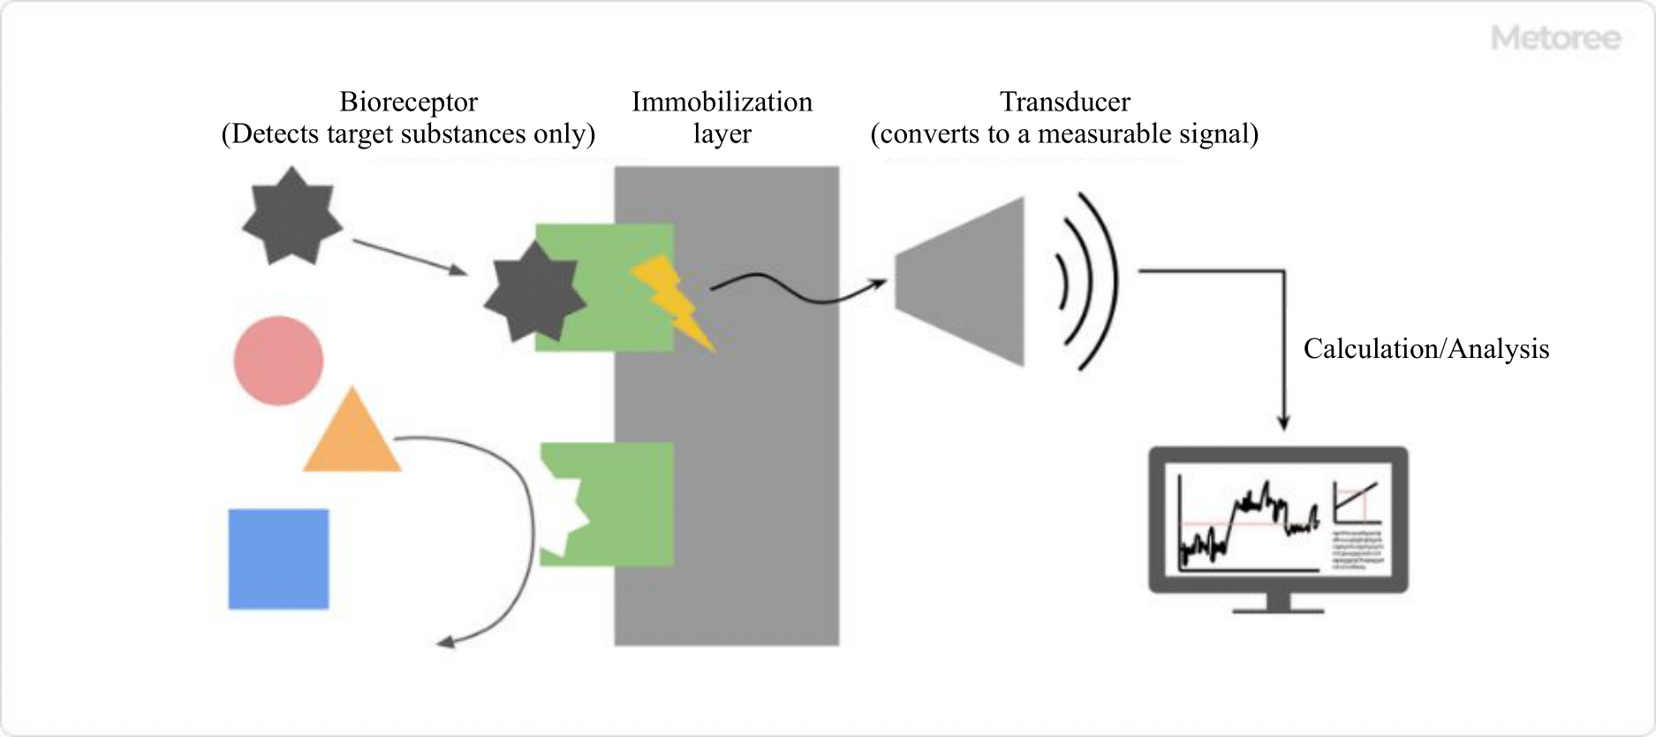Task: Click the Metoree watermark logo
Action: coord(1555,38)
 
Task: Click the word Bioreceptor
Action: coord(408,102)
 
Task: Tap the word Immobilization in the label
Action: coord(722,102)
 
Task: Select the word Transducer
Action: coord(1064,102)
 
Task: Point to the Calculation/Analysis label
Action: coord(1425,348)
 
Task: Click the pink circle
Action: coord(278,361)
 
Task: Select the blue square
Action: coord(278,558)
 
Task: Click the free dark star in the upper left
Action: coord(291,216)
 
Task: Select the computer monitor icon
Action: coord(1277,521)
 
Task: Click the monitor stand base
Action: coord(1278,607)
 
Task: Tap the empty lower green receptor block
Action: coord(618,504)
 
